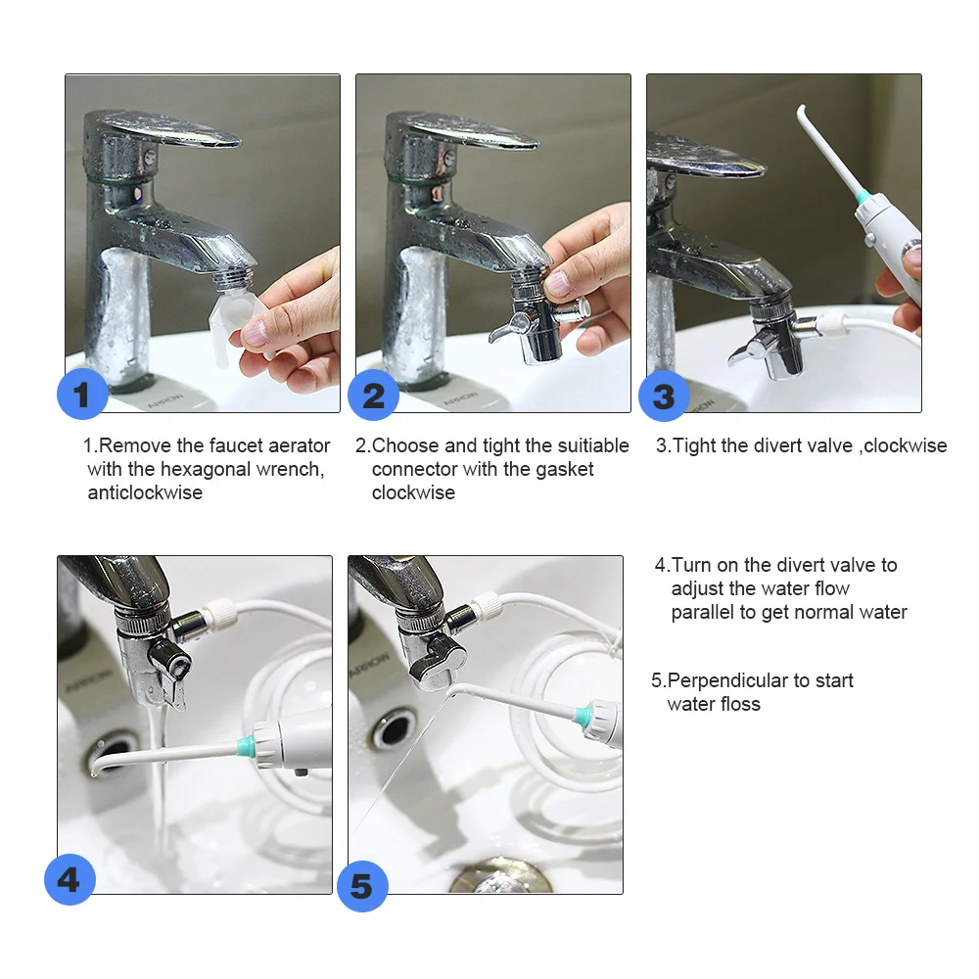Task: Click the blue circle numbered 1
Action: pyautogui.click(x=82, y=396)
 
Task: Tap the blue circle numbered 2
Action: pyautogui.click(x=373, y=396)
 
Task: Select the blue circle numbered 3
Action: pyautogui.click(x=664, y=396)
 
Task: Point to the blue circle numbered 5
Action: pyautogui.click(x=362, y=886)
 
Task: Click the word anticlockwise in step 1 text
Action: pyautogui.click(x=145, y=492)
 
